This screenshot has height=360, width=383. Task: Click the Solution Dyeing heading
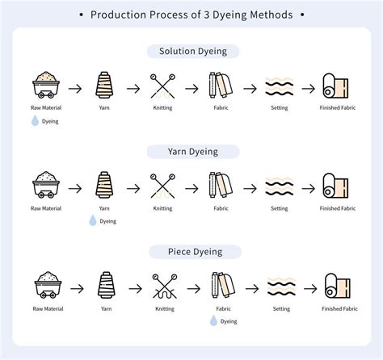point(191,51)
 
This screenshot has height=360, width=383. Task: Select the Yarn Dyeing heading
point(191,151)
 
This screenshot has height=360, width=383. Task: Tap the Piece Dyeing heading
point(191,251)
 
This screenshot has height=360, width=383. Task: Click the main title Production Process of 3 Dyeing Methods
point(191,15)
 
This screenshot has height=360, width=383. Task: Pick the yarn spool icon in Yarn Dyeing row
point(104,186)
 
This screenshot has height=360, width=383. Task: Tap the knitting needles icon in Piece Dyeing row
point(162,286)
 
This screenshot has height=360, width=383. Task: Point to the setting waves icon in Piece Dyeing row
point(280,286)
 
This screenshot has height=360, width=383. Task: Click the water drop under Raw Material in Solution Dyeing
point(35,121)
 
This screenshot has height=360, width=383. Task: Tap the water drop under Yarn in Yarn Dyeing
point(93,220)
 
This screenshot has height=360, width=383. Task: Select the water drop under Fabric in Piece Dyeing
point(213,320)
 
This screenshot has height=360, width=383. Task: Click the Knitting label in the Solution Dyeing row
point(162,108)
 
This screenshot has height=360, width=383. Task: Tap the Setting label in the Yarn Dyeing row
point(280,208)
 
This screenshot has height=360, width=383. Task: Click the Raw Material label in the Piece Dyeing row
point(46,308)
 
